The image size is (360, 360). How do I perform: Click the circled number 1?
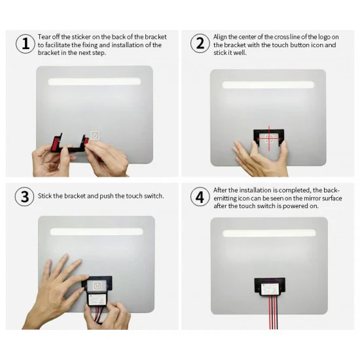tap(24, 44)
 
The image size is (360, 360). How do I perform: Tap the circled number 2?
tap(200, 44)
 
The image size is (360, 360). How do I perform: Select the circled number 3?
tap(24, 196)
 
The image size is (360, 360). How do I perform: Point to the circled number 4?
tap(200, 196)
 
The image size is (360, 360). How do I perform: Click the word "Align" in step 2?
tap(221, 36)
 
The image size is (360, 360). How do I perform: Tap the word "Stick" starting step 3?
tap(45, 196)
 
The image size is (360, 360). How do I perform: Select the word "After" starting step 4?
tap(221, 190)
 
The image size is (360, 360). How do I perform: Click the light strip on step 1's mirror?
tap(94, 82)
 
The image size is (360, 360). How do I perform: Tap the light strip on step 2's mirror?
tap(268, 85)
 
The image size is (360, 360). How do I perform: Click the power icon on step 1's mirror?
tap(95, 135)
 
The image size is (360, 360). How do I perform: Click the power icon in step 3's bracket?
tap(97, 285)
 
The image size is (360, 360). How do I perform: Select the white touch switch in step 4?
tap(270, 288)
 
